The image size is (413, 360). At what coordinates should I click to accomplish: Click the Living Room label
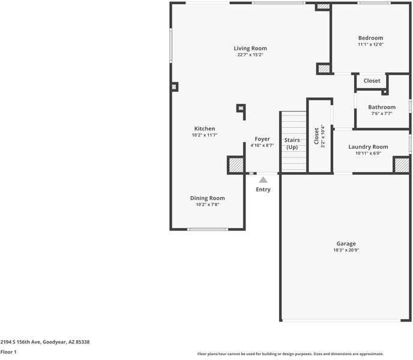point(250,49)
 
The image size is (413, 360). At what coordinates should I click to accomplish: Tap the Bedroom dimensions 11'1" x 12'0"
point(370,44)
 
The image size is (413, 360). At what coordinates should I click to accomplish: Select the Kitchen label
point(204,128)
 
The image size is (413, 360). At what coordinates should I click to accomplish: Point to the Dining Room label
point(207,198)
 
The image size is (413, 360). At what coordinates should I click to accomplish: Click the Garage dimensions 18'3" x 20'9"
point(346,250)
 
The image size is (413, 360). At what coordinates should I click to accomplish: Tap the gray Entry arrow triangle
point(263,179)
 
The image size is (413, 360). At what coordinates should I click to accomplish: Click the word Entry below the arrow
point(263,190)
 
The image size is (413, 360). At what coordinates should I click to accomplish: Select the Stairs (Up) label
point(292,143)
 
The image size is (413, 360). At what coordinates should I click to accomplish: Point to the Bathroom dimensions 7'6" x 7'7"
point(381,113)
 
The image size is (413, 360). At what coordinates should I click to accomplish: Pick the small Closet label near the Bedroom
point(372,81)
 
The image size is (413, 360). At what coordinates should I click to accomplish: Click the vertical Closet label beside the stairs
point(317,136)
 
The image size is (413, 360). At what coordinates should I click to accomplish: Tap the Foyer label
point(262,139)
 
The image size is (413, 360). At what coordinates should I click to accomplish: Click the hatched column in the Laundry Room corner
point(401,165)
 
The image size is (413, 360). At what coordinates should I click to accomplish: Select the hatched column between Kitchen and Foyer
point(235,165)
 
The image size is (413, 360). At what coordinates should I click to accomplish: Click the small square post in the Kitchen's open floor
point(241,109)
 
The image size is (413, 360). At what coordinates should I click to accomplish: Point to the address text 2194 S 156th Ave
point(45,342)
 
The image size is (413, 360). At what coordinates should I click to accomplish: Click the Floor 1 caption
point(8,352)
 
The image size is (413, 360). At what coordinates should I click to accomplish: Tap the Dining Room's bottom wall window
point(207,229)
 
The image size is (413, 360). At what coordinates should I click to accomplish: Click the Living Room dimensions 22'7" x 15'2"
point(250,55)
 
